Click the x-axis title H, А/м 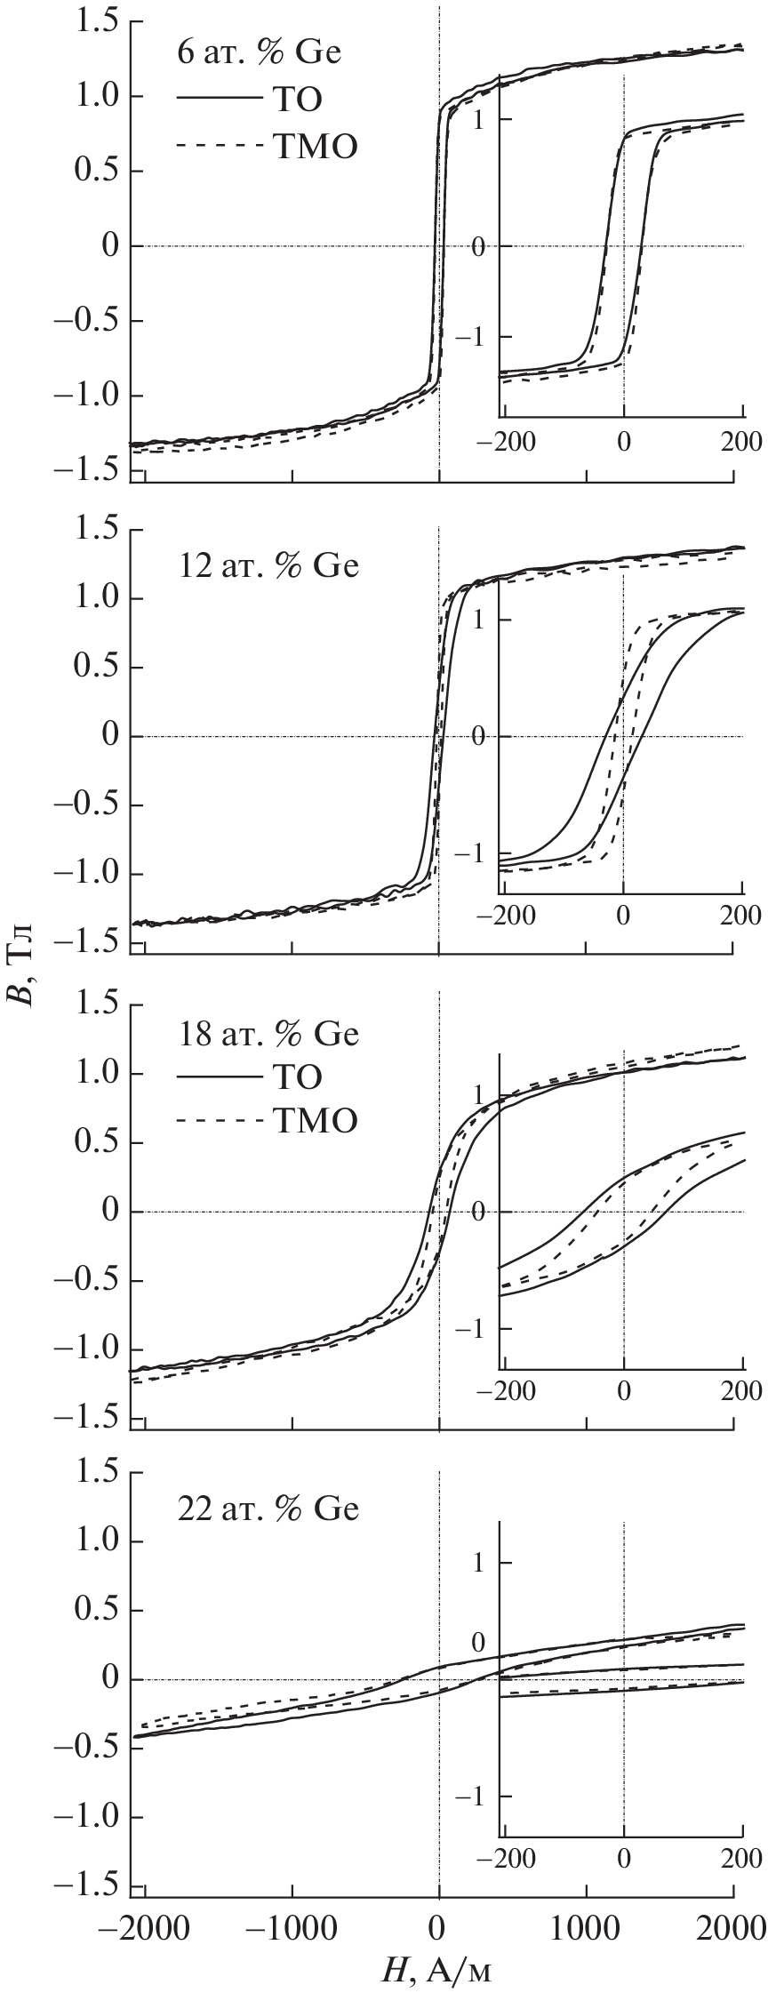(x=436, y=1970)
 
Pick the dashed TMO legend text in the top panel (x=314, y=147)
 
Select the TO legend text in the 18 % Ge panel (x=293, y=1077)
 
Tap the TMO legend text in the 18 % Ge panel (x=314, y=1122)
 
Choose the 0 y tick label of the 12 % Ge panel (x=110, y=736)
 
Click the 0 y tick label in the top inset (x=480, y=246)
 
